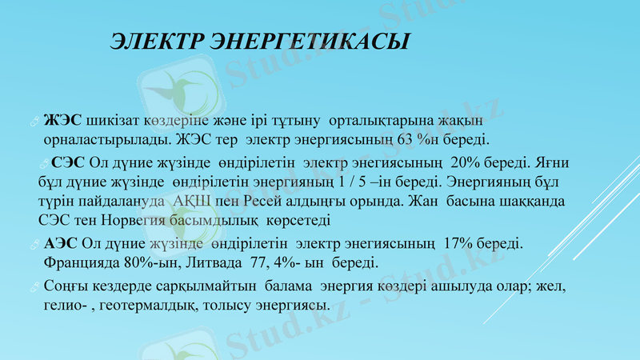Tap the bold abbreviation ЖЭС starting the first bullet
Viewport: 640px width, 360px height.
(63, 120)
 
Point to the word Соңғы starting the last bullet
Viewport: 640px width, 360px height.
(66, 286)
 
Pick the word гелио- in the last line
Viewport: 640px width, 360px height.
(66, 305)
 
